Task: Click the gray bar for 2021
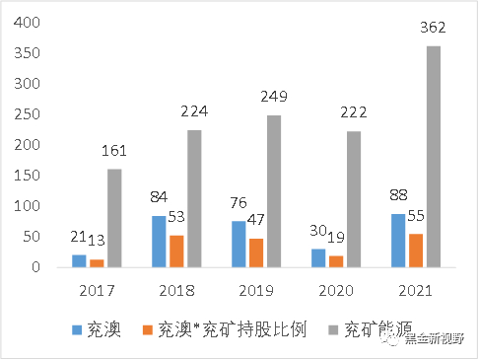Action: pyautogui.click(x=434, y=156)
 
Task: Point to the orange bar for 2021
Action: pyautogui.click(x=416, y=250)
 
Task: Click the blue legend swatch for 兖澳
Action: pyautogui.click(x=78, y=329)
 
